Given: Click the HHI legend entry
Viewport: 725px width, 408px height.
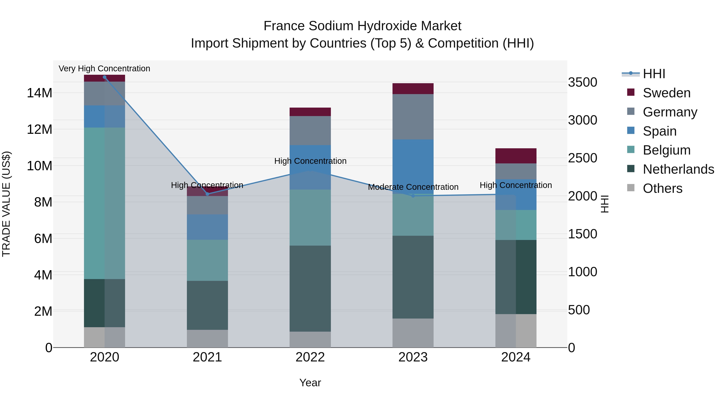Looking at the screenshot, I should [654, 74].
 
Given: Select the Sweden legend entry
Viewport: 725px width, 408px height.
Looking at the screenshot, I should [666, 93].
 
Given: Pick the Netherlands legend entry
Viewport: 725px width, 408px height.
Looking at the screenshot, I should [678, 169].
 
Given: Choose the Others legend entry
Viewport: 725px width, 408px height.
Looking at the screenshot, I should [663, 188].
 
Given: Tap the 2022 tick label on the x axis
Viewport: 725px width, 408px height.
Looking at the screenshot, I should [310, 357].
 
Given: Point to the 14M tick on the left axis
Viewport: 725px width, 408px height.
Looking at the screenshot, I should [39, 93].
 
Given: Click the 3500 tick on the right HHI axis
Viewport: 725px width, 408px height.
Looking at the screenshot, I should [582, 82].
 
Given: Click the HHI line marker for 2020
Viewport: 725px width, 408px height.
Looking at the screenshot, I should [104, 77].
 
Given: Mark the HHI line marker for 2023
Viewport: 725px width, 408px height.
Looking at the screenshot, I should [413, 196].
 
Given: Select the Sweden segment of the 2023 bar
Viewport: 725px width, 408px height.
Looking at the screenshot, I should [413, 89].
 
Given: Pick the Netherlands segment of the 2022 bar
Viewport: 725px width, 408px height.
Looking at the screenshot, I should [310, 288].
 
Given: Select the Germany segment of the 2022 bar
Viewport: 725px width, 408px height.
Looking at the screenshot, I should [310, 130].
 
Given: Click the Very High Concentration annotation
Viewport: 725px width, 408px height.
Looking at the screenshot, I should [104, 69].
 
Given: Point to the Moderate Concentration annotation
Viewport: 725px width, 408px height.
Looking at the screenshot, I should [413, 187].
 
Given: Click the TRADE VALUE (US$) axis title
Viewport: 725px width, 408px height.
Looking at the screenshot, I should [6, 204].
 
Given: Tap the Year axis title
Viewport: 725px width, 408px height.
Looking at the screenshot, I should [310, 383].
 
